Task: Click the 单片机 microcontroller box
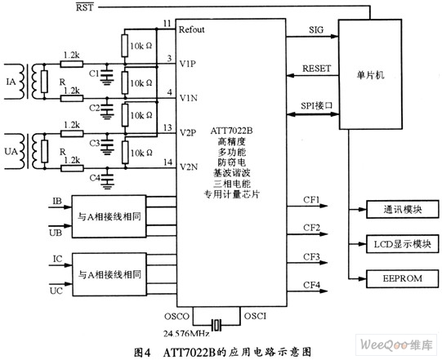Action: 370,74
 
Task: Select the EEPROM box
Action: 403,278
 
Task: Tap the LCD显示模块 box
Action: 403,244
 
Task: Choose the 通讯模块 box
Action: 403,209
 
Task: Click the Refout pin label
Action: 192,29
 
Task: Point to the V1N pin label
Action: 189,98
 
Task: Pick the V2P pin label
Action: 188,132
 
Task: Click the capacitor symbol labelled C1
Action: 106,74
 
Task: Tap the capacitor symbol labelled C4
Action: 107,178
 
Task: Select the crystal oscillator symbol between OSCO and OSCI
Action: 217,326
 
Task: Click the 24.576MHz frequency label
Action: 186,334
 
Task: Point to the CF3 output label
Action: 311,257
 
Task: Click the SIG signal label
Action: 316,30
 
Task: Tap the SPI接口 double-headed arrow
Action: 313,114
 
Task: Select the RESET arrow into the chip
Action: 313,75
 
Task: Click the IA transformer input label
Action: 11,82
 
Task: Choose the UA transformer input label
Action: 11,152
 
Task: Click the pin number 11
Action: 167,24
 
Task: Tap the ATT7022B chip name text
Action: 231,131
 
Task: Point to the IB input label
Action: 57,201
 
